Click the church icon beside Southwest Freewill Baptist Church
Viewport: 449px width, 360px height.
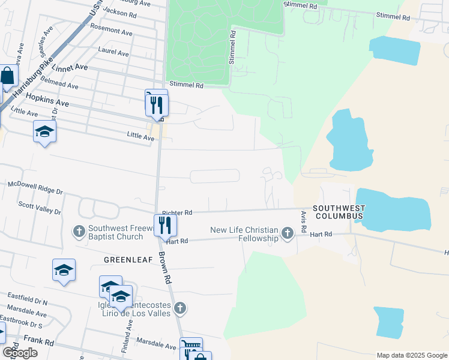pos(79,231)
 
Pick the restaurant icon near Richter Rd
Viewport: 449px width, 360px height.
pos(164,226)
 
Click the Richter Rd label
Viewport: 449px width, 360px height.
pos(176,213)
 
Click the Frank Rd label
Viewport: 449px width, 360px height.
pos(39,343)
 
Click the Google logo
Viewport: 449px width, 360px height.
pos(20,352)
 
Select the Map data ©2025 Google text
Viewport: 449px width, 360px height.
pos(411,355)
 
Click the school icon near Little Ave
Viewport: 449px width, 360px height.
pos(44,131)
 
